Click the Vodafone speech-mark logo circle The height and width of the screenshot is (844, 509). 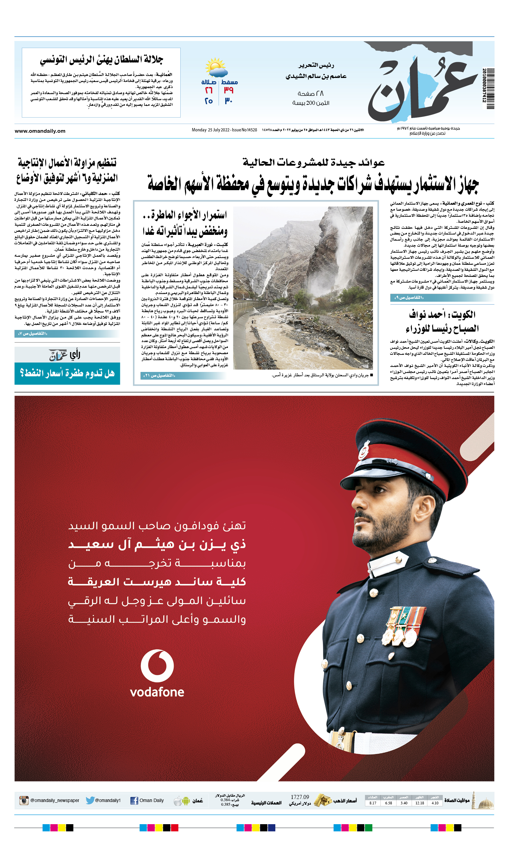click(157, 666)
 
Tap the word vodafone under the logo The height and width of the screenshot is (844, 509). click(157, 692)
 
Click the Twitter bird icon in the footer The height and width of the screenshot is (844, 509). click(90, 800)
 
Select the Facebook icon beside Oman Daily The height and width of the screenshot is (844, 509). click(134, 801)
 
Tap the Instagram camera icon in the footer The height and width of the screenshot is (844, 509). click(24, 800)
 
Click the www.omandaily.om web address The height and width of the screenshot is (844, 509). click(40, 131)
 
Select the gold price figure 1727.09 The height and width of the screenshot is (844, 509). click(299, 797)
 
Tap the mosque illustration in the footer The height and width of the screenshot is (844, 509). click(483, 801)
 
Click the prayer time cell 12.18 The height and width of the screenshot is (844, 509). click(420, 803)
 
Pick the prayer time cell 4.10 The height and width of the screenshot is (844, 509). click(435, 803)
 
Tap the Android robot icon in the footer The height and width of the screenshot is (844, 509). click(186, 801)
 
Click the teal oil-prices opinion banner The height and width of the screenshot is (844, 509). click(67, 373)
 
